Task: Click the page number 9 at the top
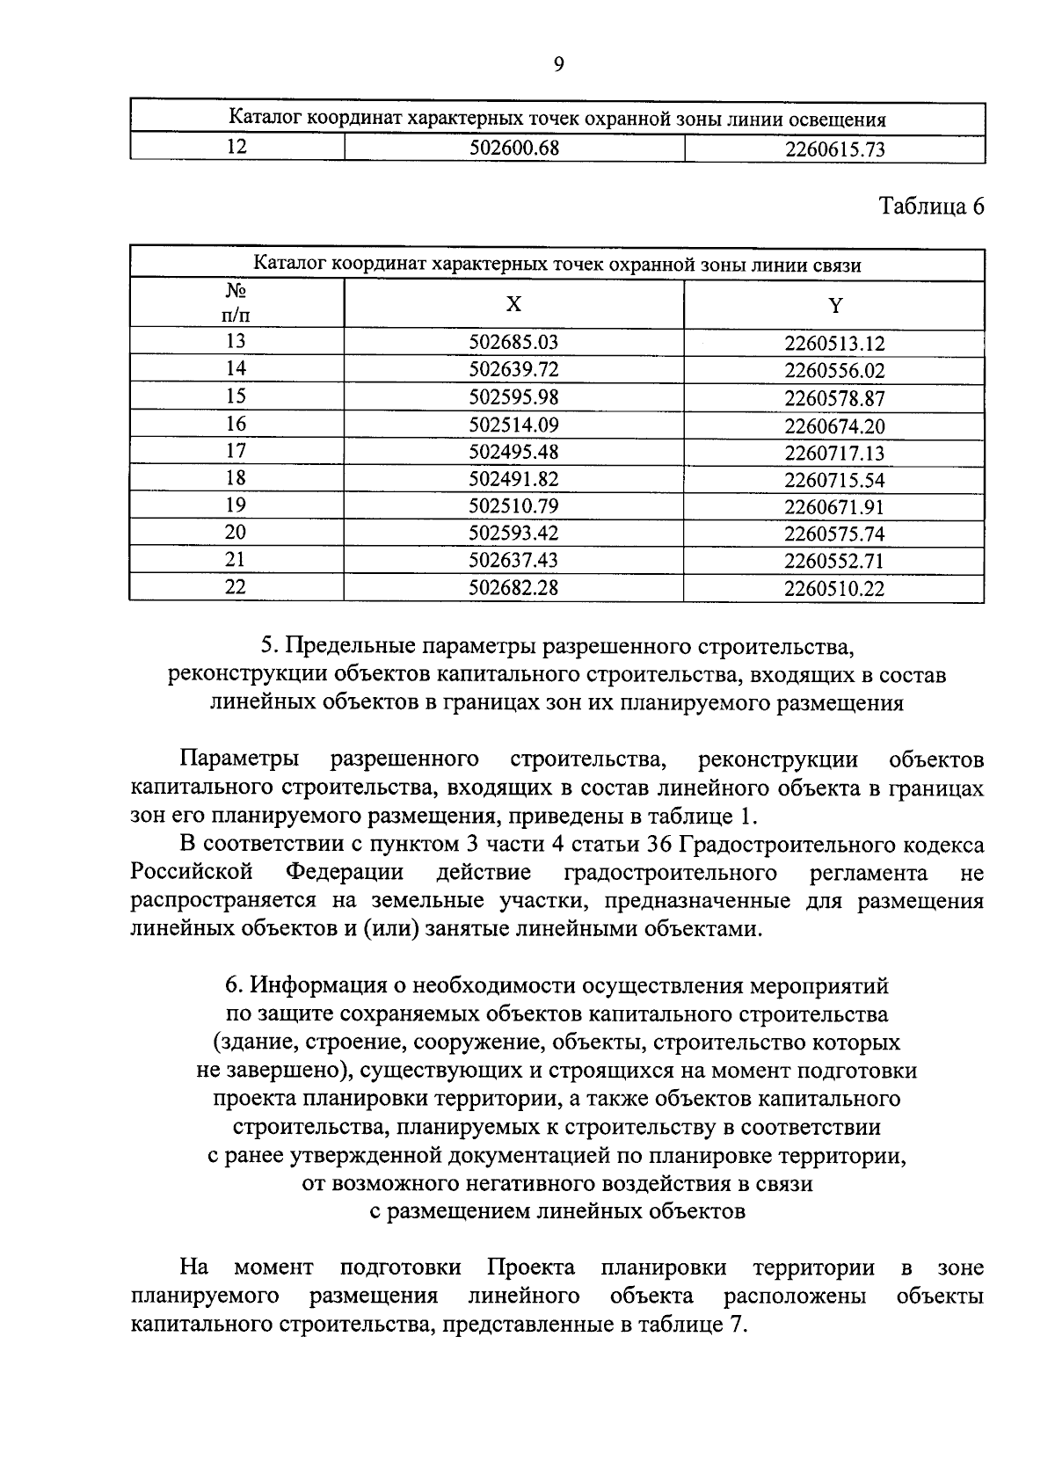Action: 559,63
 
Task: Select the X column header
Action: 513,304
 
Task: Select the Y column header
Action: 834,305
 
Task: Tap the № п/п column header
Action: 236,303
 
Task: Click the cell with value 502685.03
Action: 513,343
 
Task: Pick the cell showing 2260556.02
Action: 834,371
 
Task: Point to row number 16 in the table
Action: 236,424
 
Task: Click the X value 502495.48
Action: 513,452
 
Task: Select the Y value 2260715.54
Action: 834,480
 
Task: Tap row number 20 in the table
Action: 236,532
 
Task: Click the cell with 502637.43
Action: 513,560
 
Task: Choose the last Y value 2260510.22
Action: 834,588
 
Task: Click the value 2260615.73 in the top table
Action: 834,149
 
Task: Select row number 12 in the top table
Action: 236,147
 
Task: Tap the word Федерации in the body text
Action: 345,873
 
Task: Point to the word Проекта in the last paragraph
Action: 531,1268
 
